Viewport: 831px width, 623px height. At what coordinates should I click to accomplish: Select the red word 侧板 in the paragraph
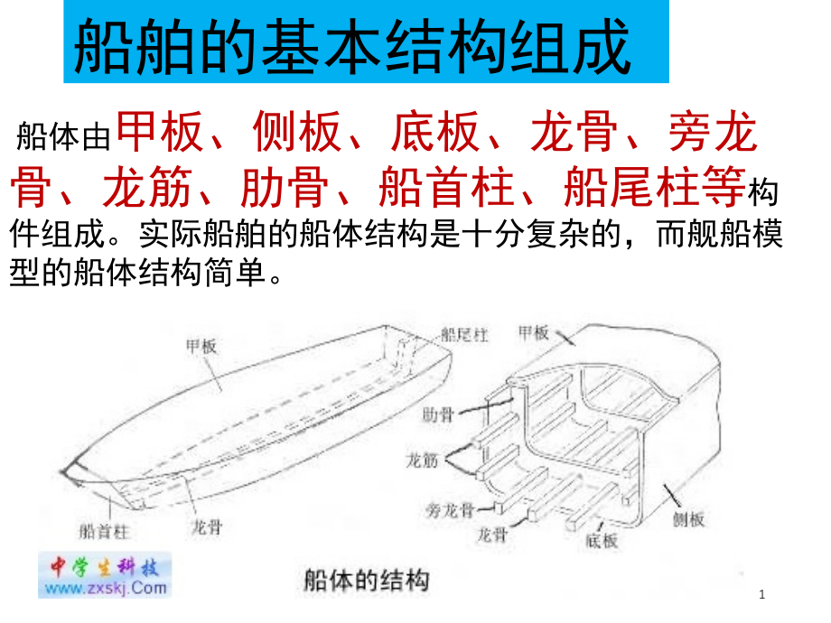pyautogui.click(x=296, y=132)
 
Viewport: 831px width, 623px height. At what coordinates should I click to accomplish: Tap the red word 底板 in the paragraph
pyautogui.click(x=435, y=132)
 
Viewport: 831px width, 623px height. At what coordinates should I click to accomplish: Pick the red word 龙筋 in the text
pyautogui.click(x=147, y=186)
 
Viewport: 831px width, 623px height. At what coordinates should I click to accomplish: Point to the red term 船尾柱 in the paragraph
pyautogui.click(x=630, y=186)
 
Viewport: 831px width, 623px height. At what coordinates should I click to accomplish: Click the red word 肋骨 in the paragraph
pyautogui.click(x=285, y=186)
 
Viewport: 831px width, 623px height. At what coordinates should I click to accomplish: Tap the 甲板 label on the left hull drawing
pyautogui.click(x=201, y=347)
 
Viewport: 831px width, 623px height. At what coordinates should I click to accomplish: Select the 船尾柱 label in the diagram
pyautogui.click(x=464, y=335)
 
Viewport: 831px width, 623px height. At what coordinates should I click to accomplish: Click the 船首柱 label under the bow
pyautogui.click(x=104, y=531)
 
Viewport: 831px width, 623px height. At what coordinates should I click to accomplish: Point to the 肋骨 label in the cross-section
pyautogui.click(x=438, y=414)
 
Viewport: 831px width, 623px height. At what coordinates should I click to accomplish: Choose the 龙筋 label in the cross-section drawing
pyautogui.click(x=423, y=460)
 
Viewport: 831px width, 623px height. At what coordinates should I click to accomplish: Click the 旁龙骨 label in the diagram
pyautogui.click(x=450, y=510)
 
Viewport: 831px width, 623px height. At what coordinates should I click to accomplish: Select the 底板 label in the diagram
pyautogui.click(x=602, y=541)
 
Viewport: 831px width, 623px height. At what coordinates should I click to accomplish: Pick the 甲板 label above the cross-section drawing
pyautogui.click(x=533, y=332)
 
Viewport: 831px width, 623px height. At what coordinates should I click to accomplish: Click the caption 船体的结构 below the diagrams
pyautogui.click(x=366, y=580)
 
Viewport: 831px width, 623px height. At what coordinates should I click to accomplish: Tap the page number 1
pyautogui.click(x=762, y=594)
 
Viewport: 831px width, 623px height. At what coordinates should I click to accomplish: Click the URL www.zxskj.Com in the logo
pyautogui.click(x=106, y=588)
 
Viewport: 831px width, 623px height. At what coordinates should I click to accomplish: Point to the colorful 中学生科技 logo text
pyautogui.click(x=105, y=567)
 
